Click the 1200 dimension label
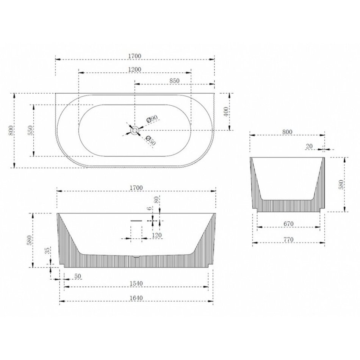tap(135, 69)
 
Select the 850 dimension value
tap(174, 81)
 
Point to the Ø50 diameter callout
tap(150, 141)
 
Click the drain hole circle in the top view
tap(135, 130)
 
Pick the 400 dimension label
tap(226, 112)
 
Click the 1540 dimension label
tap(136, 283)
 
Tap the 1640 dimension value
tap(136, 298)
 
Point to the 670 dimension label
tap(289, 224)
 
